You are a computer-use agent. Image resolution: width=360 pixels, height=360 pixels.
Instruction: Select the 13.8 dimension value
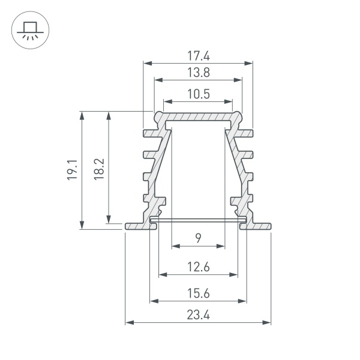198,74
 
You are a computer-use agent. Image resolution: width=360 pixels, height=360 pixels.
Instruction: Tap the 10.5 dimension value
198,94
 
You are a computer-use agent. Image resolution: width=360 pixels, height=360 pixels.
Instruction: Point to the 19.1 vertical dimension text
71,170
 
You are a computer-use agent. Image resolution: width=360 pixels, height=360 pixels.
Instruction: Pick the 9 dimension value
198,239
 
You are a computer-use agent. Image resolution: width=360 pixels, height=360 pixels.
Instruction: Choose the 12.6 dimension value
198,268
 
